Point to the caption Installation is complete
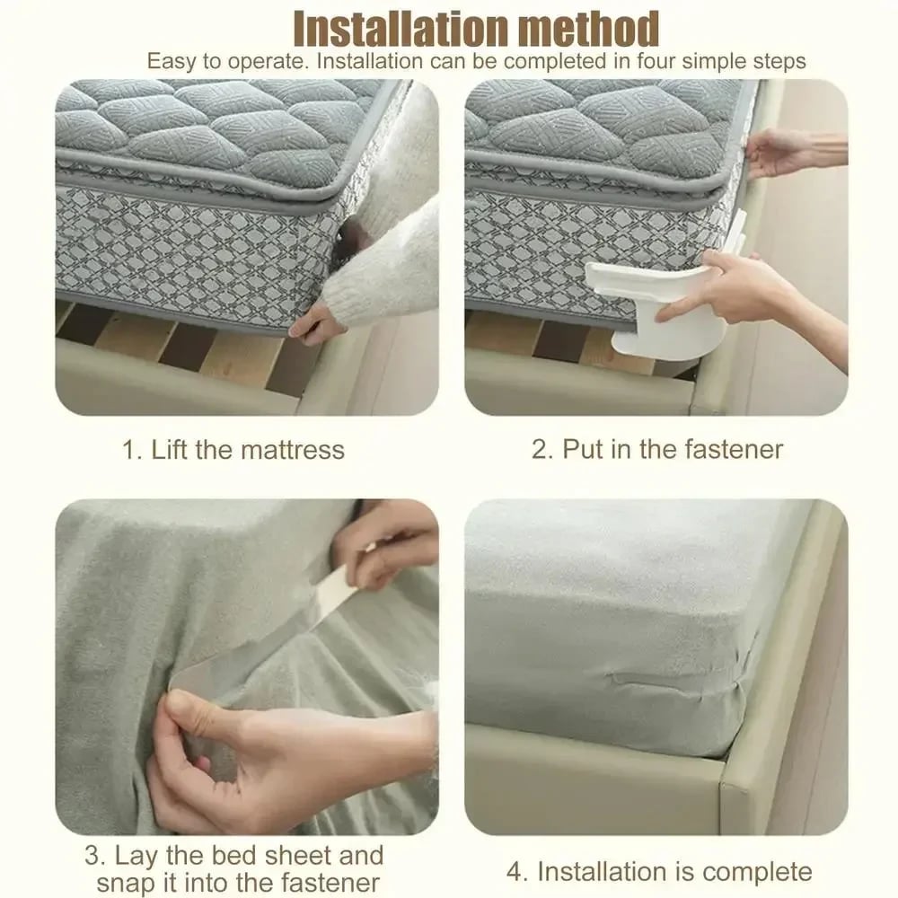click(x=673, y=871)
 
